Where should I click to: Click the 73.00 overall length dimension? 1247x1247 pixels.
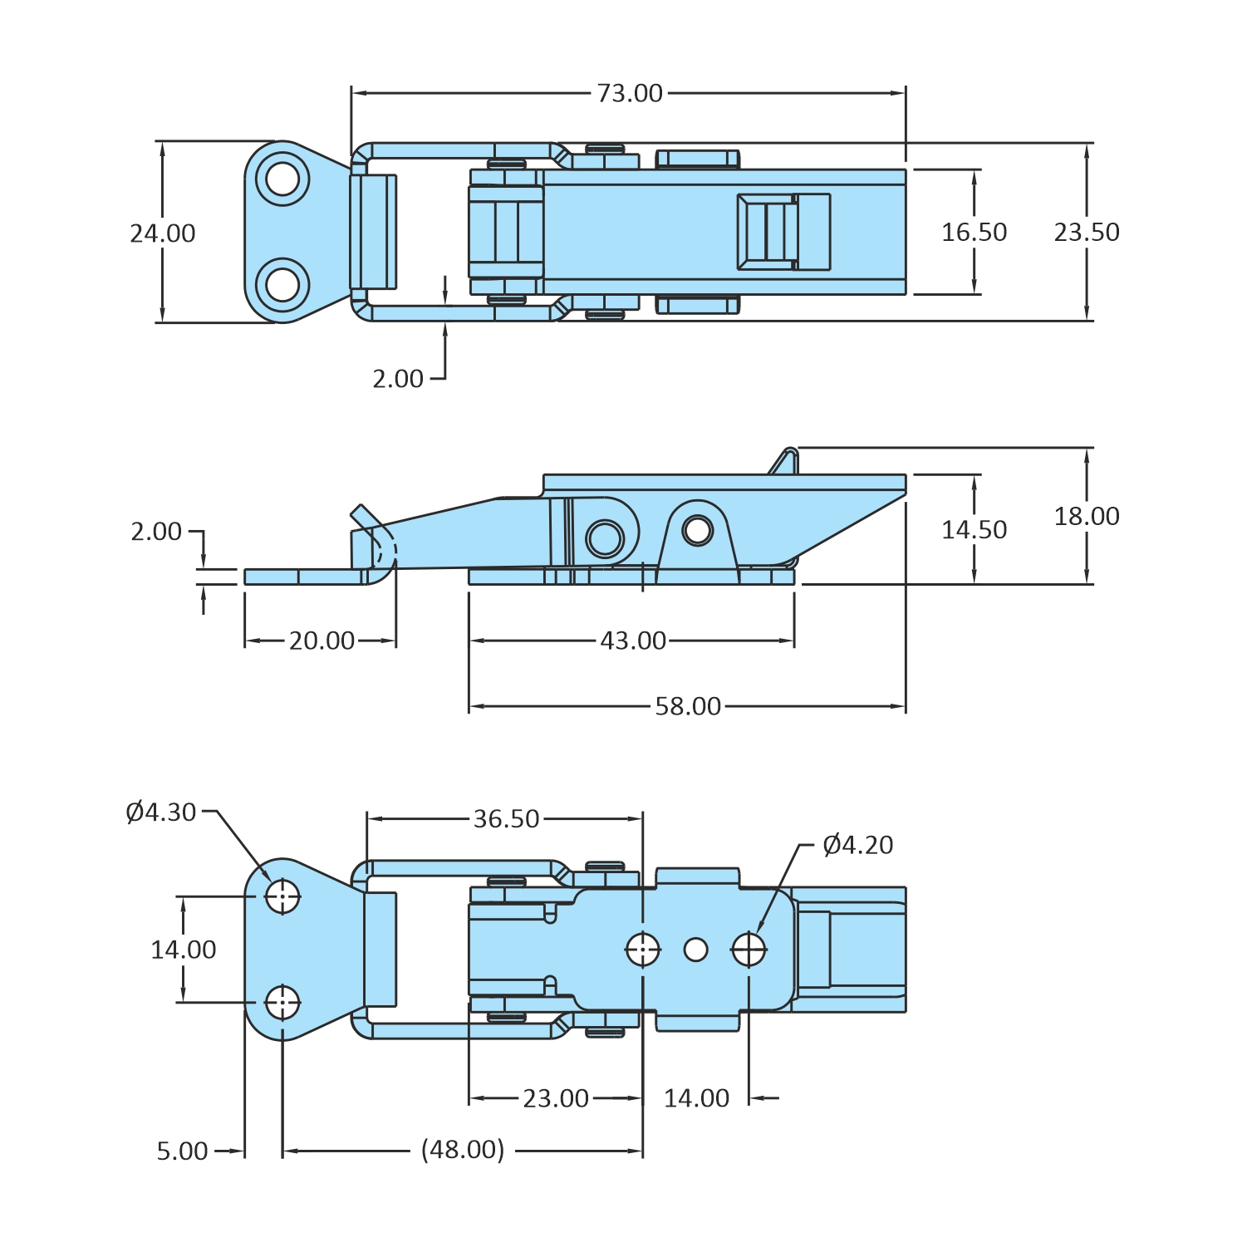click(630, 93)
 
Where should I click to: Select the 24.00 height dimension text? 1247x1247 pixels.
click(163, 233)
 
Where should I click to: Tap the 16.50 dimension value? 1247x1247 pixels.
click(974, 233)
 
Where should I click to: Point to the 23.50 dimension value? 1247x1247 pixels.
click(1087, 233)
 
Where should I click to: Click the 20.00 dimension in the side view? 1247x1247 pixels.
click(322, 641)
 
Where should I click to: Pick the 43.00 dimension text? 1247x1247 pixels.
click(633, 641)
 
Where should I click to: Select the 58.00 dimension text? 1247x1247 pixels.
click(688, 706)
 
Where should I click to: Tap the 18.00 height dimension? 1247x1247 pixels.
click(1087, 517)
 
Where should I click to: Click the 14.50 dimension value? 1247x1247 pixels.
click(974, 530)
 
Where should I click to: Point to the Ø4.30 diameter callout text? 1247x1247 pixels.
click(161, 812)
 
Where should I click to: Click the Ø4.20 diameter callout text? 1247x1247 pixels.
click(857, 845)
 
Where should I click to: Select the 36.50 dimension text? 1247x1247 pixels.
click(507, 819)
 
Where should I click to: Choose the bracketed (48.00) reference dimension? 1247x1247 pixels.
click(463, 1150)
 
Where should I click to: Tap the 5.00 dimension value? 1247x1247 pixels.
click(182, 1151)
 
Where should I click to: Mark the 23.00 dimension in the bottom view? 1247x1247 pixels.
click(556, 1098)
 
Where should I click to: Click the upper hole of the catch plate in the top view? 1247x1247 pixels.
click(282, 179)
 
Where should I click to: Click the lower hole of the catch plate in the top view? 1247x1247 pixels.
click(282, 285)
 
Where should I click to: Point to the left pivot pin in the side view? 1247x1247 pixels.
click(605, 538)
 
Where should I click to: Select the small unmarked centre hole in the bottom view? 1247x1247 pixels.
click(695, 950)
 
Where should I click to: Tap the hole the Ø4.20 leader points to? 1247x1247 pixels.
click(749, 950)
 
